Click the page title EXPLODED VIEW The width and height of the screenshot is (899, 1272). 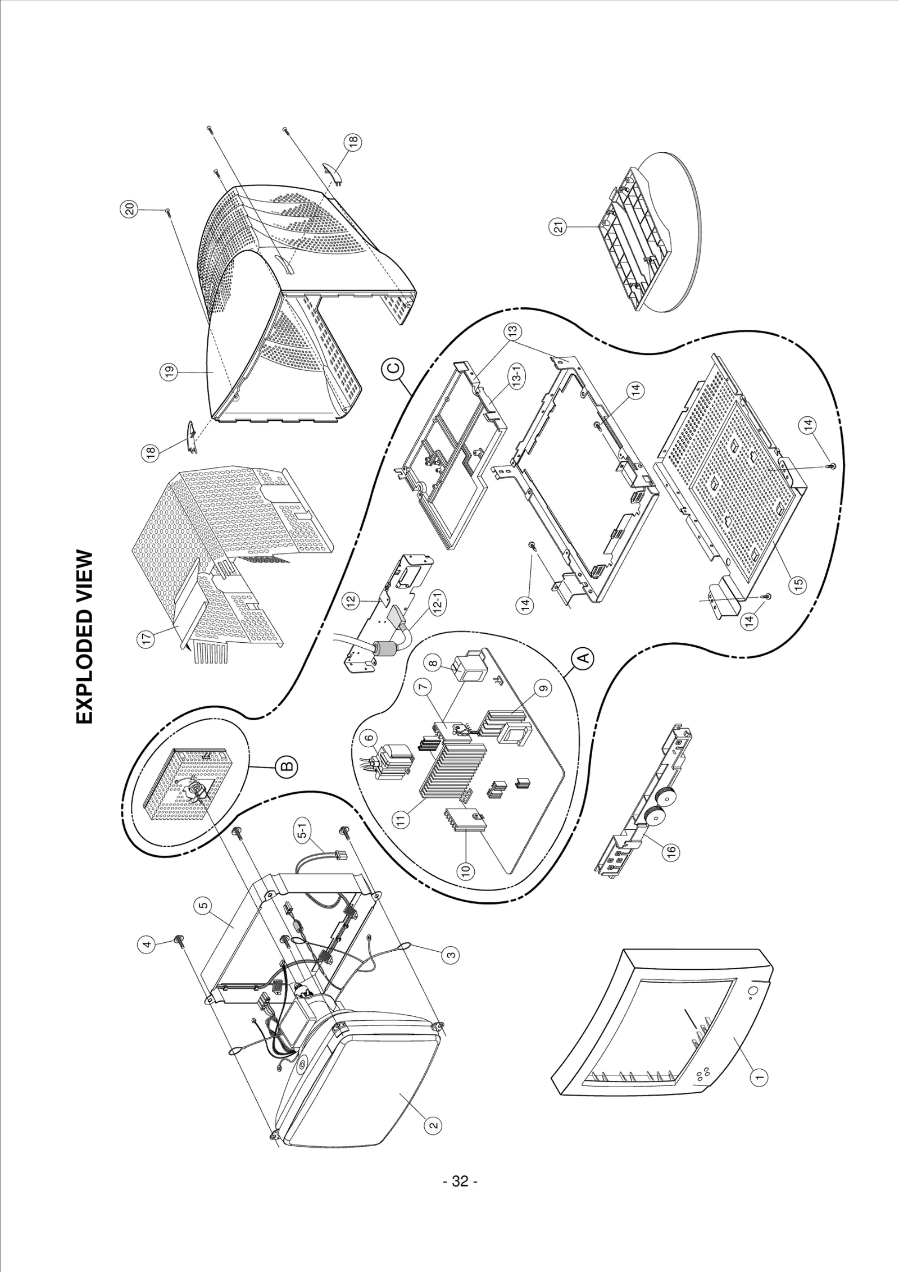(84, 637)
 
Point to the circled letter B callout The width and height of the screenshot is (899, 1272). (285, 765)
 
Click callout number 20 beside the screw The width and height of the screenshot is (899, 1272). (130, 210)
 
